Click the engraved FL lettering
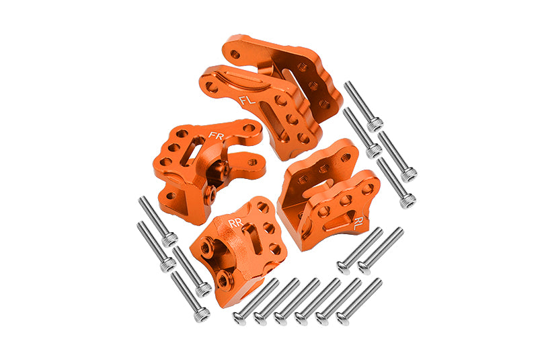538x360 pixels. click(247, 100)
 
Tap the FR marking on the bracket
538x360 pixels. click(216, 135)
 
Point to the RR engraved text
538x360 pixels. click(236, 223)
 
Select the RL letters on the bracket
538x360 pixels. click(358, 223)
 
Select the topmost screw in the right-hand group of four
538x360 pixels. click(363, 106)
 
